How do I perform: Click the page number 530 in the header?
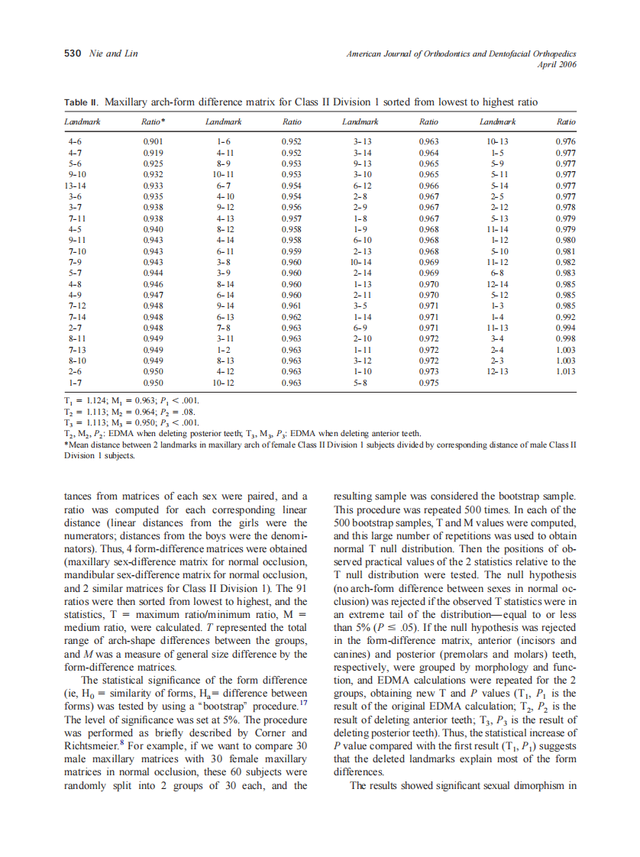pyautogui.click(x=72, y=53)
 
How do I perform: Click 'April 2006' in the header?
pyautogui.click(x=558, y=64)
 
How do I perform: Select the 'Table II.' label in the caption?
pyautogui.click(x=82, y=102)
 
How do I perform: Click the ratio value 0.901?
pyautogui.click(x=154, y=142)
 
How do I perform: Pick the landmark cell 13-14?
pyautogui.click(x=75, y=185)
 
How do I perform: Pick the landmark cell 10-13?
pyautogui.click(x=497, y=142)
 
